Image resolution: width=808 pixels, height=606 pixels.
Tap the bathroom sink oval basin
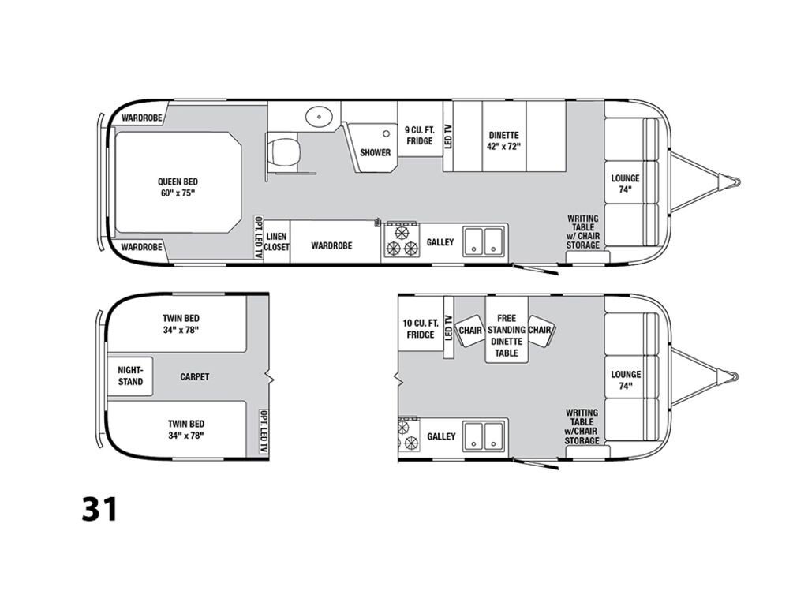pos(319,117)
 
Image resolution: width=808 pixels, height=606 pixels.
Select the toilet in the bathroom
pos(282,150)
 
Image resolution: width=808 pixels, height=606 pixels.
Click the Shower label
pos(375,152)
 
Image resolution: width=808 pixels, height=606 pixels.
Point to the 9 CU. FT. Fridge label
pos(419,135)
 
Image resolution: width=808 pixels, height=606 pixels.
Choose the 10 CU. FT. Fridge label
pos(421,329)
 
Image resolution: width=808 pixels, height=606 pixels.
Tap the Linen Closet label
pos(276,241)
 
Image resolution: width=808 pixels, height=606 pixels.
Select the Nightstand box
pos(130,376)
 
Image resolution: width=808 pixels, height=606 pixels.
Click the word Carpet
pos(194,377)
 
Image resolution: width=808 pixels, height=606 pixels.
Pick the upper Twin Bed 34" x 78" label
pos(181,324)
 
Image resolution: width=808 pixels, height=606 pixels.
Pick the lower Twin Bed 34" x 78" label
pos(185,429)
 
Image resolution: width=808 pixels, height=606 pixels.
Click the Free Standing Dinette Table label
pos(507,335)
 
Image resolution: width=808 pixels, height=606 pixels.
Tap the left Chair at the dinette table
pos(470,330)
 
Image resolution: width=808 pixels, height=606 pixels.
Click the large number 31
pos(99,509)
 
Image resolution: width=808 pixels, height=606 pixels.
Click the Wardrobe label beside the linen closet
pos(331,245)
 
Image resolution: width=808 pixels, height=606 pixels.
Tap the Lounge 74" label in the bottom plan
pos(625,380)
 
